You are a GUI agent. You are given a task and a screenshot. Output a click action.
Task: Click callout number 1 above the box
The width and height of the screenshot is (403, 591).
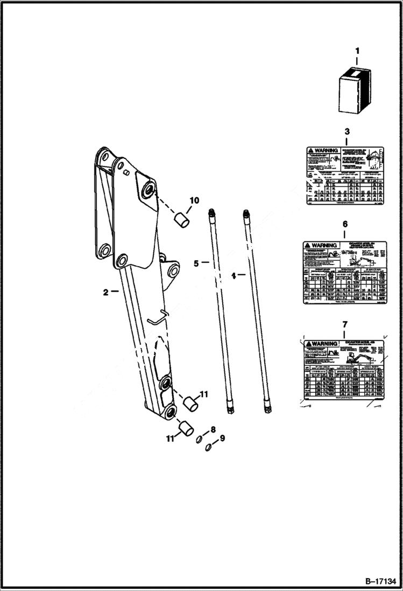coord(357,52)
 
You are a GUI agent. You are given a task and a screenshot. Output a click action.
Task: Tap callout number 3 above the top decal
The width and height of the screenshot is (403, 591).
coord(347,131)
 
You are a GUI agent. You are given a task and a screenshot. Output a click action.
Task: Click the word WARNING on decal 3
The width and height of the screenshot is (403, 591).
coord(327,151)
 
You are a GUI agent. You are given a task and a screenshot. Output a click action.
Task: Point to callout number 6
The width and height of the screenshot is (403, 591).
coord(345,224)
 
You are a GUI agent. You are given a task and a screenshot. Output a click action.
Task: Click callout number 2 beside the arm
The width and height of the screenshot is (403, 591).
coord(106,292)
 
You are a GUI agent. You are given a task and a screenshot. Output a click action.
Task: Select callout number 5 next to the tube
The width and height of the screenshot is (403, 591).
coord(196,263)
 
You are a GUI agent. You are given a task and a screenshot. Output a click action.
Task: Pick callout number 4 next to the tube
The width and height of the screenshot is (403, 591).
coord(234,275)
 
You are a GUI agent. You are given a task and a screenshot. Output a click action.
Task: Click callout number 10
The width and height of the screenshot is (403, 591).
coord(194,200)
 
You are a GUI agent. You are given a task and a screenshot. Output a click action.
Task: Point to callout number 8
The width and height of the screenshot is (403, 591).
coord(213,429)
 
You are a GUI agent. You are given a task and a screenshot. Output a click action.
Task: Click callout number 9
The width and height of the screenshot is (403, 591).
coord(222,438)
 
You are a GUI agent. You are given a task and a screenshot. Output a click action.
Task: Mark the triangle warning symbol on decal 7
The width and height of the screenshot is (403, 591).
coord(308,344)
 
